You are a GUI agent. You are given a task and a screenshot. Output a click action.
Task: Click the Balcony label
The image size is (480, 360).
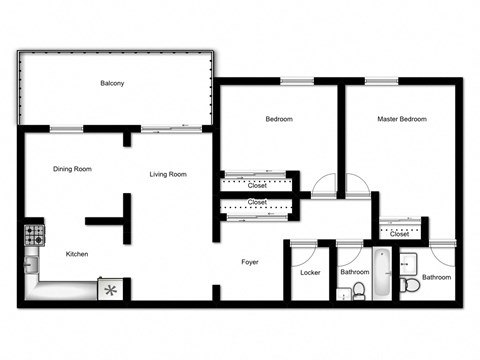click(112, 83)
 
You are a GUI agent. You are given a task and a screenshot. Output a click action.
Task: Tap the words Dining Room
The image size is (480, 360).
click(72, 169)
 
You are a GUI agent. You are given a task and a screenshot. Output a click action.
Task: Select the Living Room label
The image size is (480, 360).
click(168, 175)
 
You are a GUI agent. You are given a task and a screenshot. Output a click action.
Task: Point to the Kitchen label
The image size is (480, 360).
click(77, 254)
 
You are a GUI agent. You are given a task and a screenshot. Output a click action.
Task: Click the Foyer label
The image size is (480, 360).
click(250, 263)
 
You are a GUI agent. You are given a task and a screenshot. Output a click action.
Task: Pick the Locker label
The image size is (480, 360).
click(309, 271)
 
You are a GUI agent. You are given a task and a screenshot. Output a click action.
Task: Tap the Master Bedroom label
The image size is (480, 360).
click(402, 120)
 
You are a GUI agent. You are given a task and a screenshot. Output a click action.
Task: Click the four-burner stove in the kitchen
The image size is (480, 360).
click(33, 236)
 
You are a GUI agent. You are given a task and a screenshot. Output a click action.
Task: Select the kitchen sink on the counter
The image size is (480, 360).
click(32, 266)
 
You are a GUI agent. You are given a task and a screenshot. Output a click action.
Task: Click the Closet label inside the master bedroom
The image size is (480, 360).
click(400, 234)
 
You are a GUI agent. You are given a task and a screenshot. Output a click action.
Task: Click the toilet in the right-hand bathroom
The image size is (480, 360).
click(409, 286)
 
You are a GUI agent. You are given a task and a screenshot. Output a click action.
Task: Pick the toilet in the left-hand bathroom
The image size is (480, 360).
click(358, 292)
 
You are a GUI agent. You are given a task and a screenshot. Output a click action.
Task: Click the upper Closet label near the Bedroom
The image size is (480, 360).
click(256, 185)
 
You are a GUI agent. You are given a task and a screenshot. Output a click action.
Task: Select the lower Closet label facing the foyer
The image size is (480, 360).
click(256, 203)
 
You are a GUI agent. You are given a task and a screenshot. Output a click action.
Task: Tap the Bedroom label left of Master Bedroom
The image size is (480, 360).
click(278, 120)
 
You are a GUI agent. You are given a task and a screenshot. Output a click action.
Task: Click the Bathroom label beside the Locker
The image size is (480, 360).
click(354, 271)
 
